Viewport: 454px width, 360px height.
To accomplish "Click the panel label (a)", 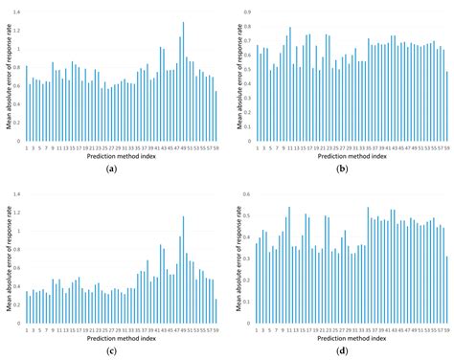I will click(112, 169).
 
